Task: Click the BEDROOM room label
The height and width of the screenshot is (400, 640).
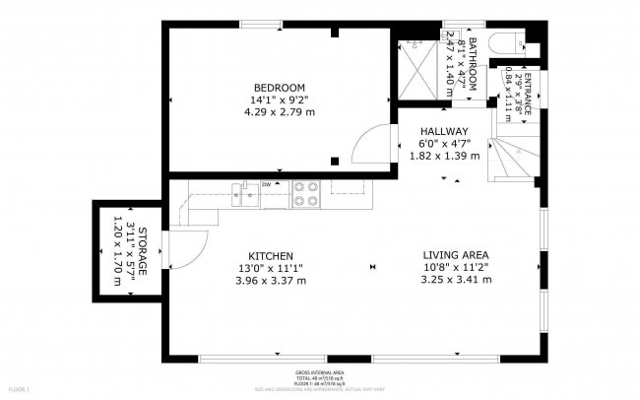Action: tap(279, 87)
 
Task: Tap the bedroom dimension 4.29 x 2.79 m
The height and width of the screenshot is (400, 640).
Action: tap(279, 112)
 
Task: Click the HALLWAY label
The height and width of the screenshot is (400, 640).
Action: tap(444, 131)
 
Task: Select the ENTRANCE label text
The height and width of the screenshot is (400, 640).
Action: tap(527, 95)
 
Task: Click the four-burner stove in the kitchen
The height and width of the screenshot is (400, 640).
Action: tap(306, 193)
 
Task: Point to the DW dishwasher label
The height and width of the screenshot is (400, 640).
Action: tap(266, 184)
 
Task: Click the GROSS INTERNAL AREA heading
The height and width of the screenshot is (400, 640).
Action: tap(319, 371)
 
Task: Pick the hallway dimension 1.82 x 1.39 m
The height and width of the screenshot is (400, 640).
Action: tap(444, 156)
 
